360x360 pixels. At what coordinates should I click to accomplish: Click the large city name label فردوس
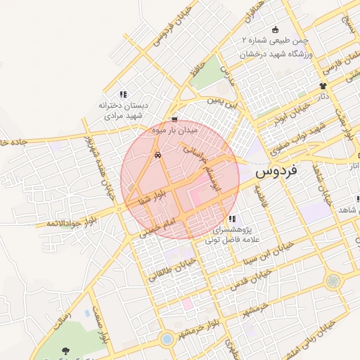pos(276,170)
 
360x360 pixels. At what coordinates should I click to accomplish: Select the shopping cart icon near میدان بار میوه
pos(174,119)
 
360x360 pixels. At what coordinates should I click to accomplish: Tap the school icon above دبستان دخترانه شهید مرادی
pos(122,94)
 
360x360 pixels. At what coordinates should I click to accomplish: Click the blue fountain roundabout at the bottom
pos(167,339)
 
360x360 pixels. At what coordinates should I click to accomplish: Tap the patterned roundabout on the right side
pos(331,281)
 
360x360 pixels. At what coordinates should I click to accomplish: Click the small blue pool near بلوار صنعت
pos(86,312)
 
